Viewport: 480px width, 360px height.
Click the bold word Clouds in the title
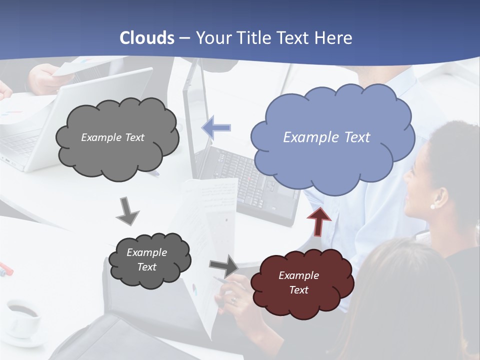tap(147, 38)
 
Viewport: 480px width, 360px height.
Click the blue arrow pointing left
tap(216, 127)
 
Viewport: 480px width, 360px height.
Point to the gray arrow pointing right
tap(224, 265)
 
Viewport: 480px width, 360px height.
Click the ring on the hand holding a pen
tap(233, 300)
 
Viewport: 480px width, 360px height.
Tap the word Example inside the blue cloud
tap(305, 137)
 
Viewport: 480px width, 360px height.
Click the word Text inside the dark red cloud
tap(298, 290)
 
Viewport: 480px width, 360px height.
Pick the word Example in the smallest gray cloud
tap(147, 252)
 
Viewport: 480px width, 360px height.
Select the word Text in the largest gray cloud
tap(133, 137)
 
